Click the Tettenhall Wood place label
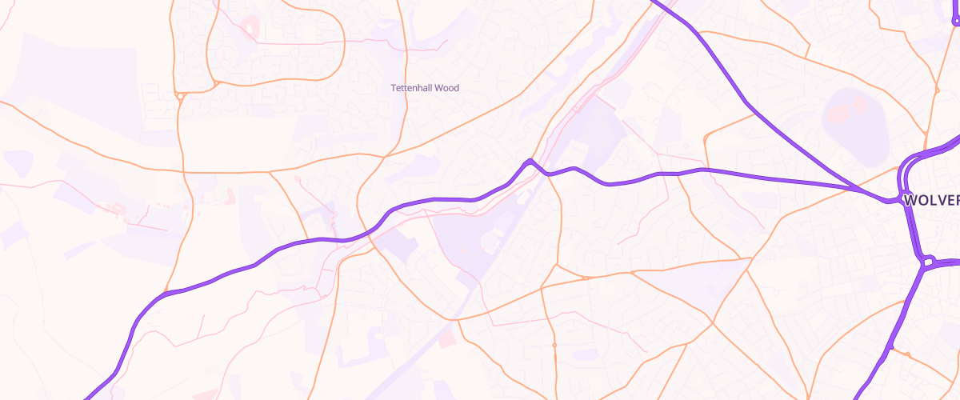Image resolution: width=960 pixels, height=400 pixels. (x=425, y=88)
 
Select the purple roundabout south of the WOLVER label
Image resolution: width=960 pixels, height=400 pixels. (x=929, y=261)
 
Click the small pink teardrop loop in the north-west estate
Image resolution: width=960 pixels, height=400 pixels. (x=250, y=29)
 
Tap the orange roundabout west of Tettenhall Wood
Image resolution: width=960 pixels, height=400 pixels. (x=182, y=97)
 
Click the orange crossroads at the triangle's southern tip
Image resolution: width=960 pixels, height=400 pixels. (x=712, y=323)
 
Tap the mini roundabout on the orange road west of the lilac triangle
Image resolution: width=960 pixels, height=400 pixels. (x=632, y=274)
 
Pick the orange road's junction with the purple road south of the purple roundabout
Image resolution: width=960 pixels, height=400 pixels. (x=889, y=347)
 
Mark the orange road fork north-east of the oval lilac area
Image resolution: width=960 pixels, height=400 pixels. (x=938, y=86)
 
